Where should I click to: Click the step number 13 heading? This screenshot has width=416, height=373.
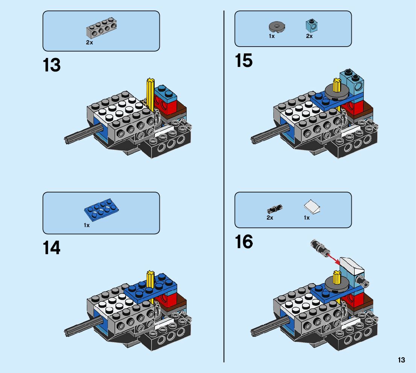(52, 65)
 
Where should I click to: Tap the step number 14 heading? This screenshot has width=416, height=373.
(52, 248)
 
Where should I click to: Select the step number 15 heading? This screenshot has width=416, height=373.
(244, 61)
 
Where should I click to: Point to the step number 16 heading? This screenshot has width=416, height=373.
(244, 242)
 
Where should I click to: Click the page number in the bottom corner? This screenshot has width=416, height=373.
(401, 360)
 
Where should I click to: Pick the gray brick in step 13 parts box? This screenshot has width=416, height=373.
(101, 28)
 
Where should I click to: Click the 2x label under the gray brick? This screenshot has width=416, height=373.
(90, 42)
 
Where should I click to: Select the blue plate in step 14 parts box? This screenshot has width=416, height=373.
(101, 209)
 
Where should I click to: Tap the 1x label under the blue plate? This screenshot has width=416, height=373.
(87, 225)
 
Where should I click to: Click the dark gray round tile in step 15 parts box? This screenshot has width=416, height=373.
(277, 27)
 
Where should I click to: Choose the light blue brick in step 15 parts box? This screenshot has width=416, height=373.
(311, 25)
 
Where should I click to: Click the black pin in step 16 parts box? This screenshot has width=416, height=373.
(275, 209)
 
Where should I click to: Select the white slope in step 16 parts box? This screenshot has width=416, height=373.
(312, 207)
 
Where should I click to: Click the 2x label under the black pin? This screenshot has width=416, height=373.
(270, 218)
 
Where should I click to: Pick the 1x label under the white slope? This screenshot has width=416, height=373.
(307, 218)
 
